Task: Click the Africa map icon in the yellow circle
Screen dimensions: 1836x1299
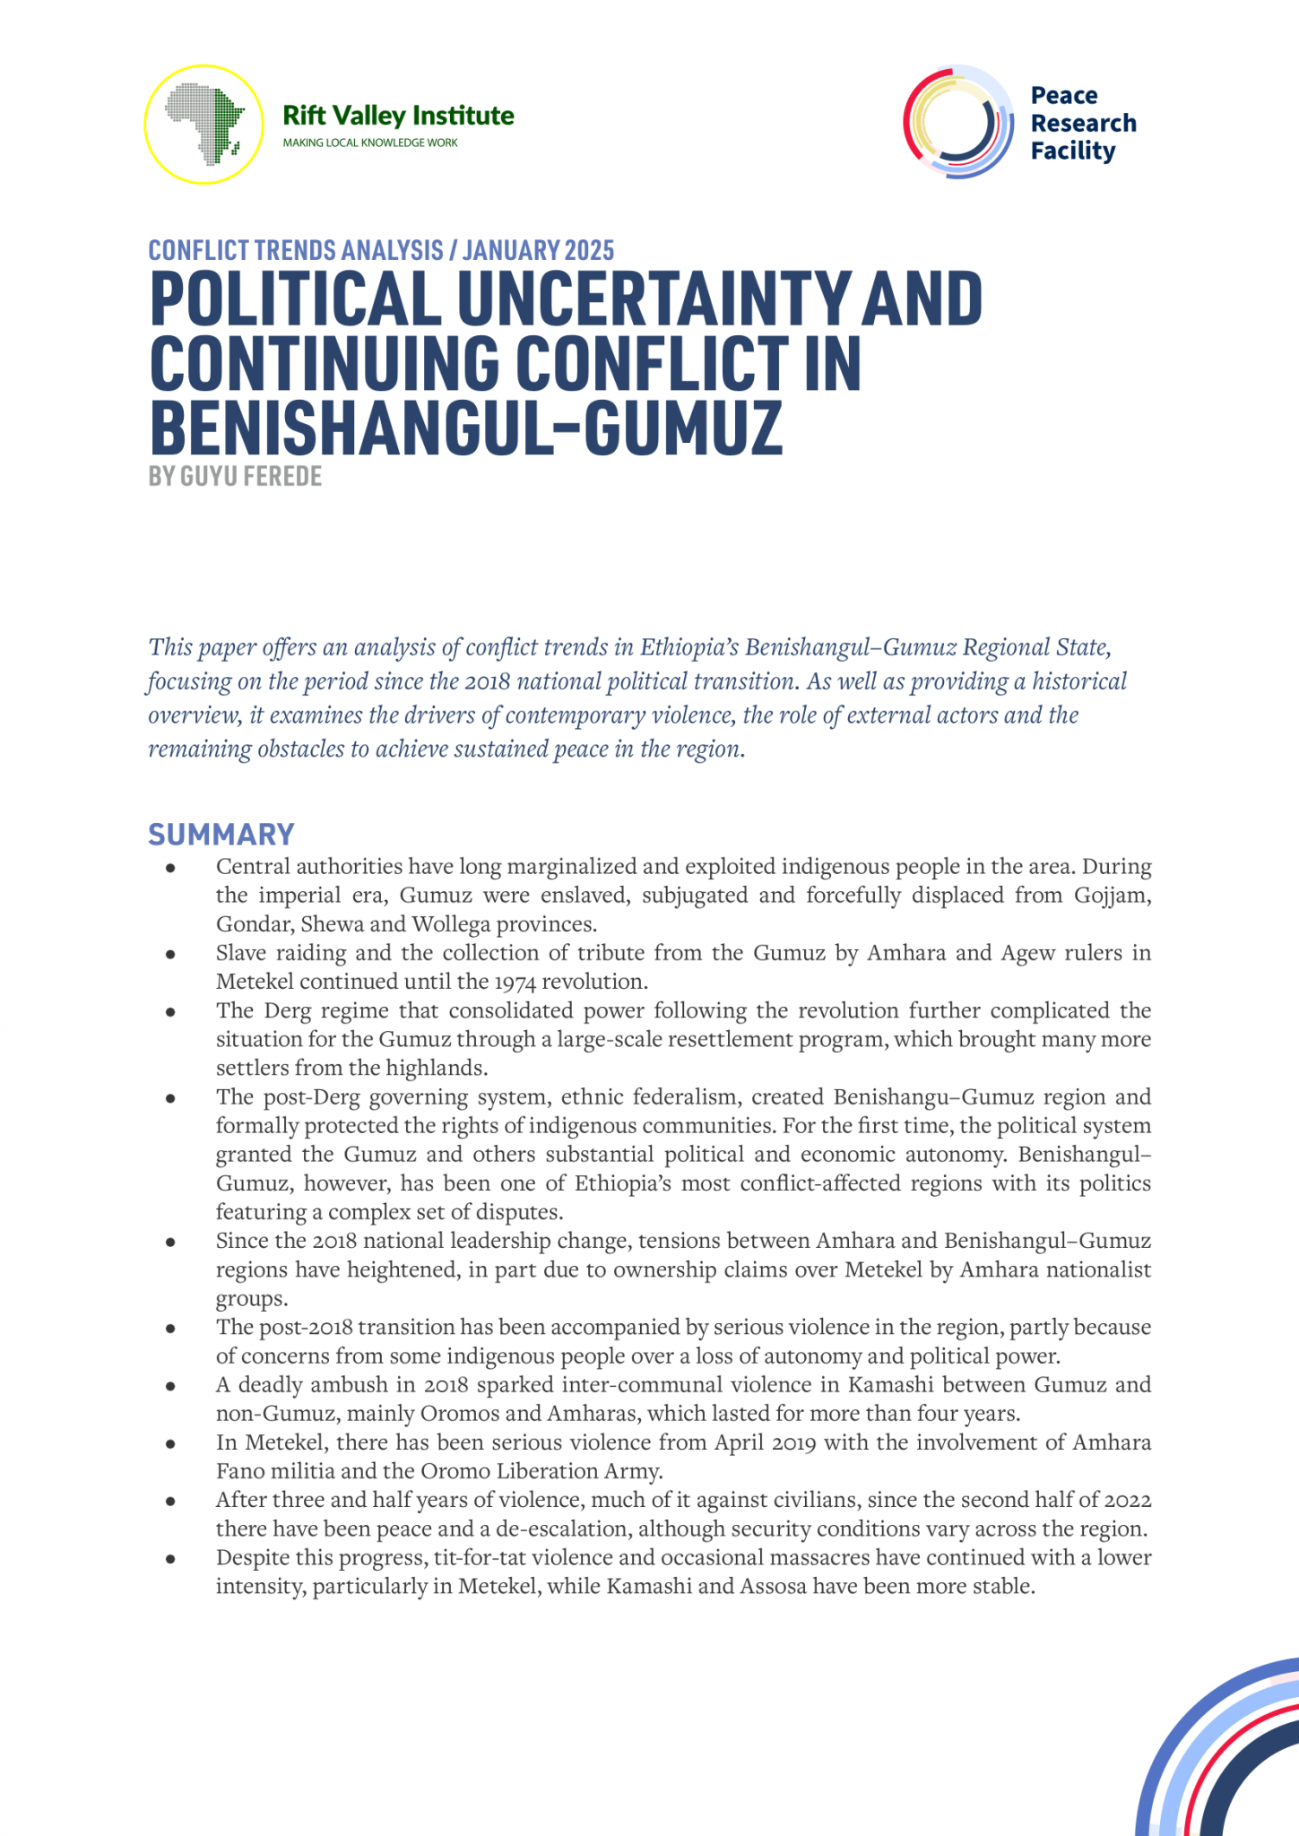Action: pos(204,123)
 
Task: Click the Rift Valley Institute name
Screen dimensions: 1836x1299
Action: pos(398,116)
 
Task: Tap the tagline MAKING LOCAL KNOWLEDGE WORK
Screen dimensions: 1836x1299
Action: pos(369,143)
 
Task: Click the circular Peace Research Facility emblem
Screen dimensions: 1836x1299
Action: pos(958,122)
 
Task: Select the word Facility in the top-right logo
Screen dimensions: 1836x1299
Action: pos(1072,152)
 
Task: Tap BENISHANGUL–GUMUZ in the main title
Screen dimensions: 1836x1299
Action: pos(466,429)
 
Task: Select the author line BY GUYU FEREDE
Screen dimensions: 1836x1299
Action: pos(235,476)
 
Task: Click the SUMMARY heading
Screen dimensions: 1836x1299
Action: pos(221,835)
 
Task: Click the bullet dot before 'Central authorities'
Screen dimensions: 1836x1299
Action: pos(169,867)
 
